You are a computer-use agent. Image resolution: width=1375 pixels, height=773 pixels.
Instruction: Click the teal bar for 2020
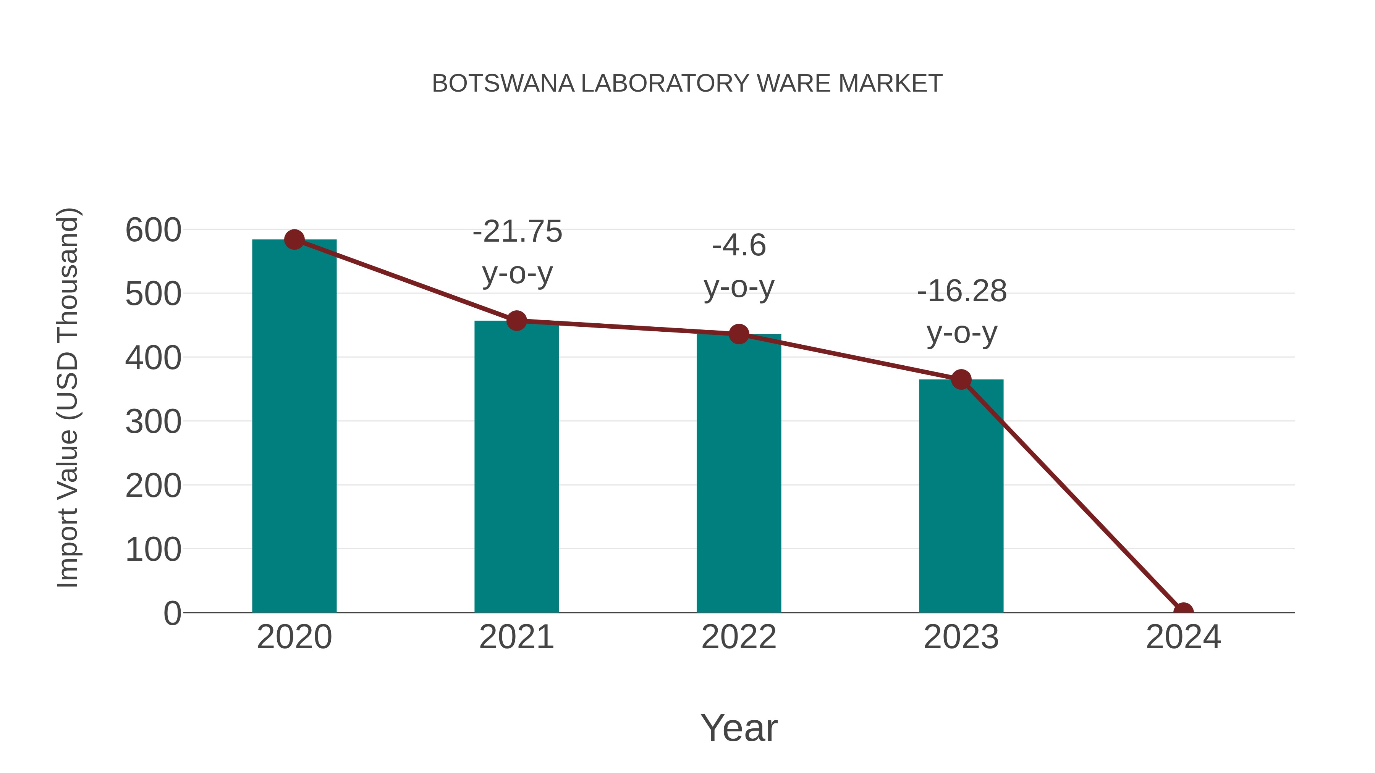pos(294,427)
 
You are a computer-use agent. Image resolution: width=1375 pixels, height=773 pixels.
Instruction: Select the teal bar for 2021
pos(516,467)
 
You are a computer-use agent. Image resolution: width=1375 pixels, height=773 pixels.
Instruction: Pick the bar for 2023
pos(961,496)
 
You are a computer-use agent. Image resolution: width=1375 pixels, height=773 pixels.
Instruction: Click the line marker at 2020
pos(294,239)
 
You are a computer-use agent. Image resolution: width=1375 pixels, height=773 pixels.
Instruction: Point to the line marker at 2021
pos(516,321)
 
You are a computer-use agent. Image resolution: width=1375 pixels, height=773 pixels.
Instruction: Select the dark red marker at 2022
pos(739,334)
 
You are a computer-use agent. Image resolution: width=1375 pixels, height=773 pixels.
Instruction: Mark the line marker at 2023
pos(961,380)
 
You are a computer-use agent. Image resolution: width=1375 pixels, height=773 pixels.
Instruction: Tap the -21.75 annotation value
pos(517,232)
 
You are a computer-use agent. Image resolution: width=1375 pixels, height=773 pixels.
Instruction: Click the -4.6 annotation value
pos(739,245)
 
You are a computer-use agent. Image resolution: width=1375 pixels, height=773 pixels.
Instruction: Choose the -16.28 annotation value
pos(962,291)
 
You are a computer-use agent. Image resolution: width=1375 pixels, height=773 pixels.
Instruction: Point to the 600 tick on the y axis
pos(153,231)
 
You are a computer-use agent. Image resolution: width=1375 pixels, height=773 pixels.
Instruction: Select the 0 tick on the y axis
pos(172,613)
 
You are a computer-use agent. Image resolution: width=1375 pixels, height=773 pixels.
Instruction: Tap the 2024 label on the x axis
pos(1183,637)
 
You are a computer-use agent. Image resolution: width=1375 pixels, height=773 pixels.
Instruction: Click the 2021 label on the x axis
pos(516,637)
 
